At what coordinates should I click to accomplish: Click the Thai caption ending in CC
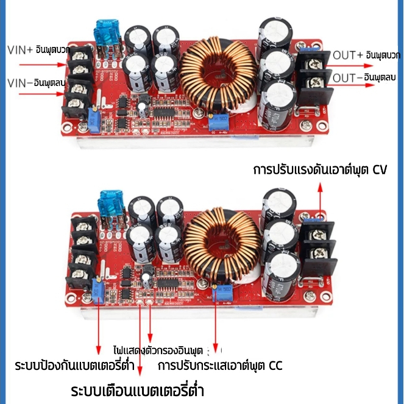tap(220, 366)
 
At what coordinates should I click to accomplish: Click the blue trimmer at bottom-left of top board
tap(93, 114)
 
